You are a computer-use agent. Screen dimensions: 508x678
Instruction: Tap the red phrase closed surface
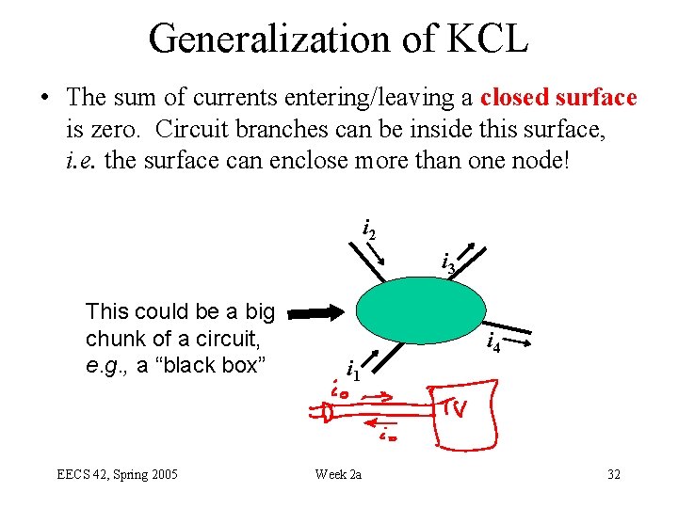tap(558, 98)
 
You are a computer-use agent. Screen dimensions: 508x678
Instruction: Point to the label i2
tap(369, 228)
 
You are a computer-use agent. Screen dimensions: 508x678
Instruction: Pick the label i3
tap(448, 265)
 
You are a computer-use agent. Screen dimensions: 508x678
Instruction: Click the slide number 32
tap(613, 474)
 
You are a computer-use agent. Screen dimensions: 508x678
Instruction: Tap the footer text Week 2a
tap(338, 474)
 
